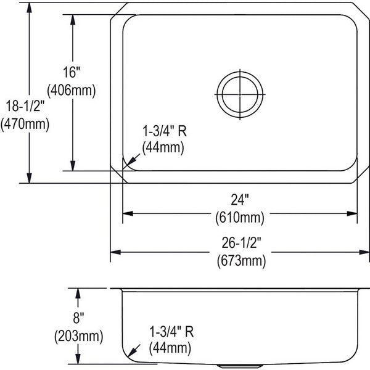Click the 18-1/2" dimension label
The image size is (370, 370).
coord(25,105)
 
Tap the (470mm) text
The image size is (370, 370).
coord(25,124)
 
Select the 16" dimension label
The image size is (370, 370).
coord(72,72)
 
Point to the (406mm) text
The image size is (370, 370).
coord(72,91)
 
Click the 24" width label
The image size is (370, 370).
coord(239,200)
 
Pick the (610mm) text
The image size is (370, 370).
coord(240,218)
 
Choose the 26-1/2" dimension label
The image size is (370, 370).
coord(241,242)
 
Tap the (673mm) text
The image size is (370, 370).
coord(241,261)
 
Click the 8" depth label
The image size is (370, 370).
coord(78,318)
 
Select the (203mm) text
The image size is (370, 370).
coord(78,336)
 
